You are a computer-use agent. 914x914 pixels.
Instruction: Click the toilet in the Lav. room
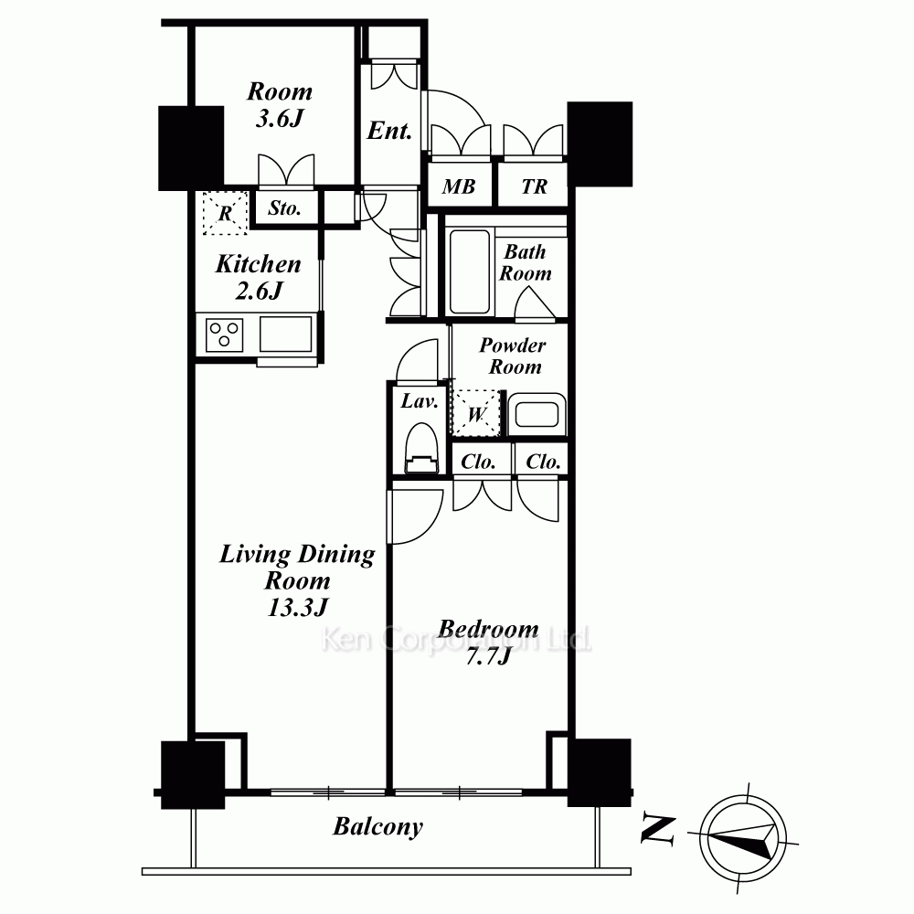420,448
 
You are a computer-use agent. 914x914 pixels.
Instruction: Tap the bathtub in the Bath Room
470,271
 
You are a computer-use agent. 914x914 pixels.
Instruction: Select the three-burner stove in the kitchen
225,335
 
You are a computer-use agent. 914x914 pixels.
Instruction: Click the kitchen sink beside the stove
285,334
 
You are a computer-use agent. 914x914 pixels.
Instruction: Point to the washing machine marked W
476,412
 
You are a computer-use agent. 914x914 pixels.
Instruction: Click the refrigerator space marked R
225,213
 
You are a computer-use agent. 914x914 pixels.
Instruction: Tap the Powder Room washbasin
537,414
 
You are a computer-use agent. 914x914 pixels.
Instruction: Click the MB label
458,186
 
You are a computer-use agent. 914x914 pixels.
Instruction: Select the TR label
534,186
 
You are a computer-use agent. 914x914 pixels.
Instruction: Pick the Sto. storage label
284,208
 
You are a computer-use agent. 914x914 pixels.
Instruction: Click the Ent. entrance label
389,131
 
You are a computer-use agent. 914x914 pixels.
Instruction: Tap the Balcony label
377,827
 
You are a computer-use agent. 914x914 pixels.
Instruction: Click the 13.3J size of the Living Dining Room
298,608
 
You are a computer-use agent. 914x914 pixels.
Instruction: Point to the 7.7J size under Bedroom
488,656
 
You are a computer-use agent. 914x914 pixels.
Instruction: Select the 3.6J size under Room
279,118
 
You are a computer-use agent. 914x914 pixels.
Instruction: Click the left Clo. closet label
478,462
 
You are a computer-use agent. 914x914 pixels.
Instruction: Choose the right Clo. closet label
543,462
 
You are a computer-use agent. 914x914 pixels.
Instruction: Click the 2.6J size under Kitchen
259,291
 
